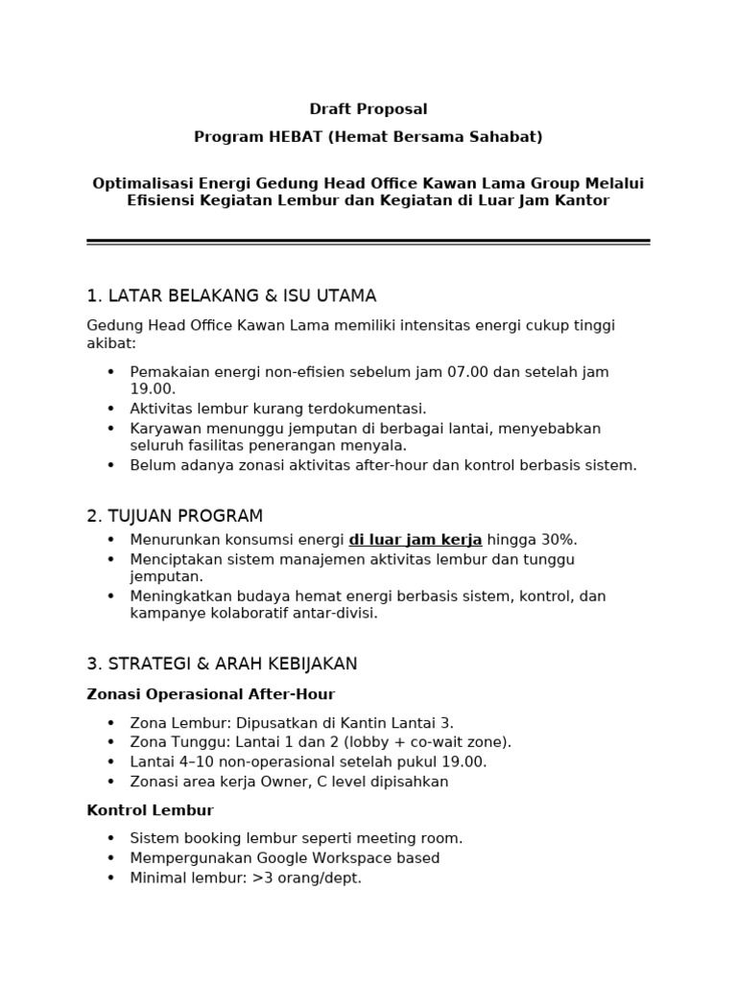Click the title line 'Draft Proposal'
tap(368, 109)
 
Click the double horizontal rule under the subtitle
tap(368, 242)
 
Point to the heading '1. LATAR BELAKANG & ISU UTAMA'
tap(231, 295)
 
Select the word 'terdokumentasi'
tap(375, 409)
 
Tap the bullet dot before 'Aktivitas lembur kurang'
tap(110, 409)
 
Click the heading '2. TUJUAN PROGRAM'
tap(175, 516)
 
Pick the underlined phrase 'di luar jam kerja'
tap(416, 540)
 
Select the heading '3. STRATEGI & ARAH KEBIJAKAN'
tap(222, 664)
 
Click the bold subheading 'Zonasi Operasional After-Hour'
tap(211, 694)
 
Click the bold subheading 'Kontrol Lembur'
tap(150, 811)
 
